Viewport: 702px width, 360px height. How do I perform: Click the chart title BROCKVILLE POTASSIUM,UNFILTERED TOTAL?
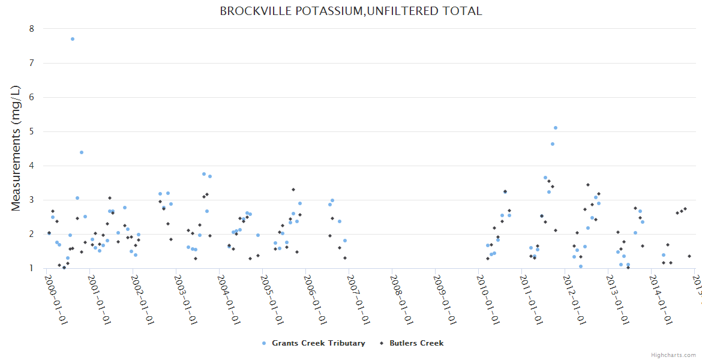[350, 11]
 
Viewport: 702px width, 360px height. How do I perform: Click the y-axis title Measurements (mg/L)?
[16, 148]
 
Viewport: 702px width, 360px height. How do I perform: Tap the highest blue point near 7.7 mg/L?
[73, 39]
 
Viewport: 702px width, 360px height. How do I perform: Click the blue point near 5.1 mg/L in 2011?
[556, 128]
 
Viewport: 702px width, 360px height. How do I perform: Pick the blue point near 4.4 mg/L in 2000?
[82, 152]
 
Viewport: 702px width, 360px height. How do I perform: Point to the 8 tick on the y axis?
[32, 29]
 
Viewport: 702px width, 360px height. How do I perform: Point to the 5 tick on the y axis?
[32, 131]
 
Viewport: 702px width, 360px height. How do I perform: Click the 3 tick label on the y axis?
[32, 200]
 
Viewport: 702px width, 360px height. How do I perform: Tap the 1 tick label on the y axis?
[32, 268]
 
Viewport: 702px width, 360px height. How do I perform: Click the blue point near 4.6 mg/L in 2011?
[553, 144]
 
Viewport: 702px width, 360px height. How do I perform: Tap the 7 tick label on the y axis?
[32, 63]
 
